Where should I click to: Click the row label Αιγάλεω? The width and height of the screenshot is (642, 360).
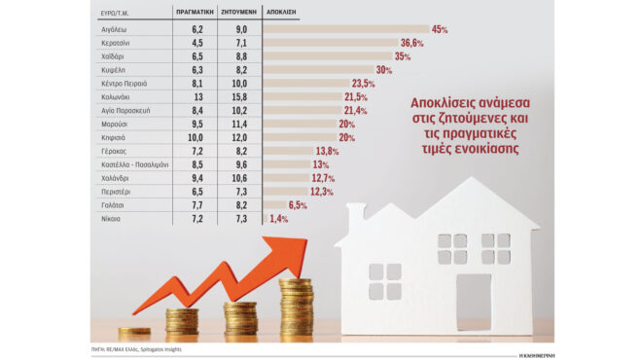click(114, 30)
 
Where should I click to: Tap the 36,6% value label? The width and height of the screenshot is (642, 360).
click(411, 44)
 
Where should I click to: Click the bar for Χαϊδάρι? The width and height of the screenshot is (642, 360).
click(327, 57)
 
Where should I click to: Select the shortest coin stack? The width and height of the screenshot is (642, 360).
click(134, 332)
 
